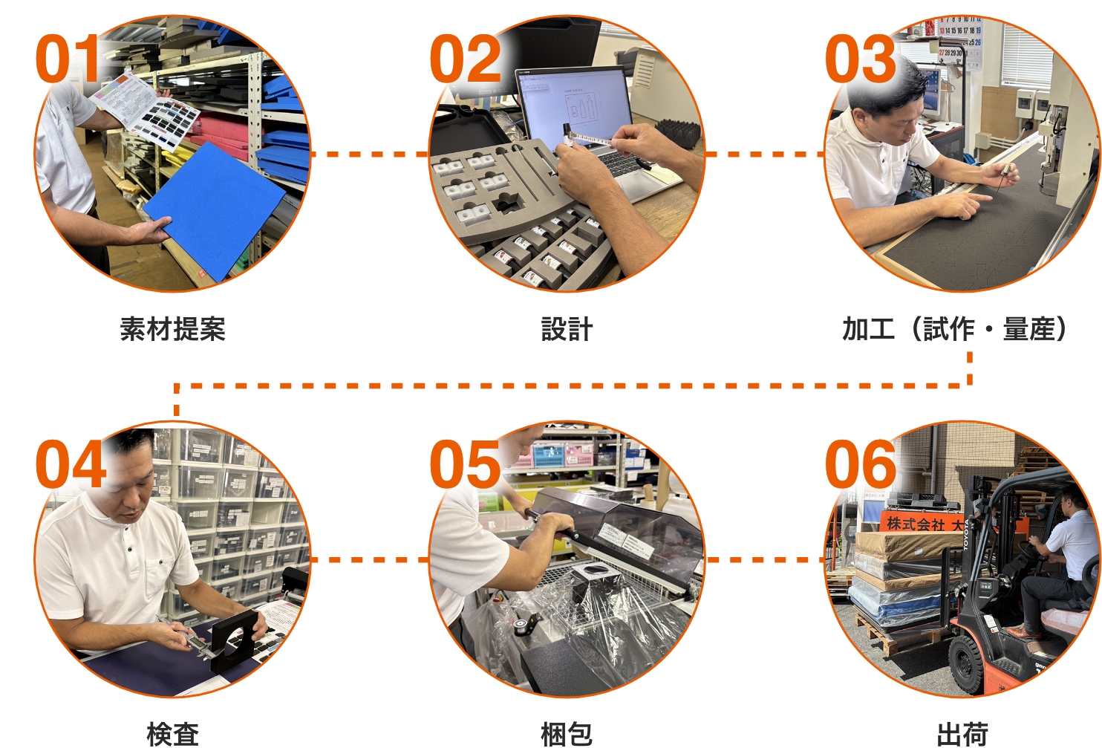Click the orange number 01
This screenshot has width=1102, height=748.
(x=68, y=58)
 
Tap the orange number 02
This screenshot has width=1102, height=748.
(x=466, y=58)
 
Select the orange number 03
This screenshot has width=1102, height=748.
(x=860, y=58)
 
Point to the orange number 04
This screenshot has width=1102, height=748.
(x=71, y=464)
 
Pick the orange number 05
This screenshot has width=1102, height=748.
(x=466, y=464)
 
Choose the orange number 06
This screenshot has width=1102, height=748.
(x=861, y=464)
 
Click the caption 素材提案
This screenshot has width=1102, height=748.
(x=173, y=329)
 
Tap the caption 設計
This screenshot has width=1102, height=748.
(x=567, y=329)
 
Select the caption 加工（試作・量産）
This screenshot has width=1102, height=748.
(x=954, y=329)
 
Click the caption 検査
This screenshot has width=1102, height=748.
(x=173, y=734)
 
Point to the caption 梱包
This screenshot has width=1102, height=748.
(x=567, y=734)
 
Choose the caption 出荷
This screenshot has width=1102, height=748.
(x=962, y=734)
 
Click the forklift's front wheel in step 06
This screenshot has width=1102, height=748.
(x=966, y=663)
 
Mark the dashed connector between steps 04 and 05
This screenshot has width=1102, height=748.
(x=370, y=559)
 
